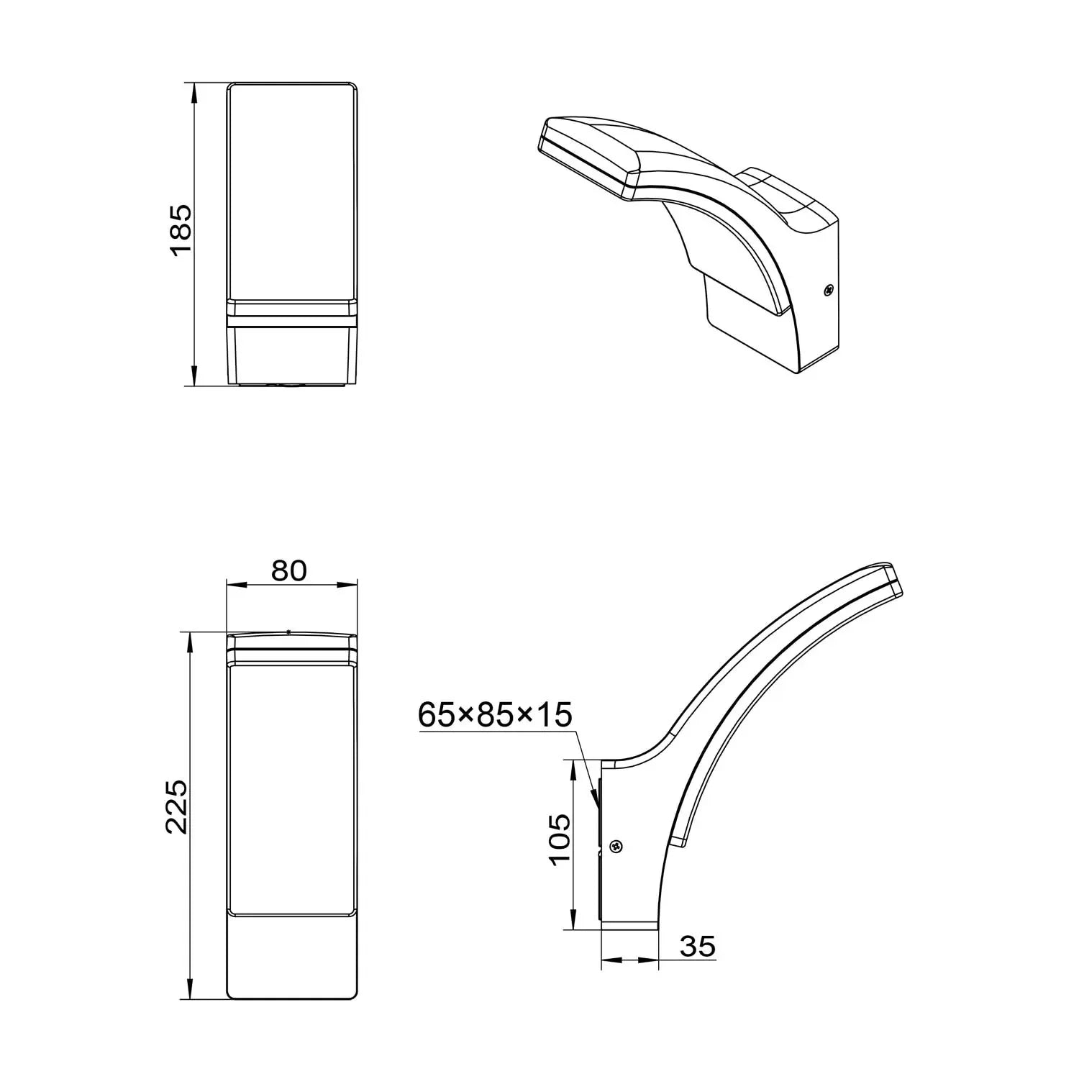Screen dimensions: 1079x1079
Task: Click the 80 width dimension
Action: coord(289,570)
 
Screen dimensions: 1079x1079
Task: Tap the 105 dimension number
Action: coord(558,840)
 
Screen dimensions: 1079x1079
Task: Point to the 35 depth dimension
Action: coord(698,947)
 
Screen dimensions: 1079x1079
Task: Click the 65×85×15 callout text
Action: coord(495,715)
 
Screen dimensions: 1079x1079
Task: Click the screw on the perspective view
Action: coord(829,291)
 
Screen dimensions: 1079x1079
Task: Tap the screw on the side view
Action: coord(616,847)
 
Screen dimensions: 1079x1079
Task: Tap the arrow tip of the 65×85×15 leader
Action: coord(596,801)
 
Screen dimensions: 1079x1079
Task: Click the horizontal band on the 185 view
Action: coord(292,310)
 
